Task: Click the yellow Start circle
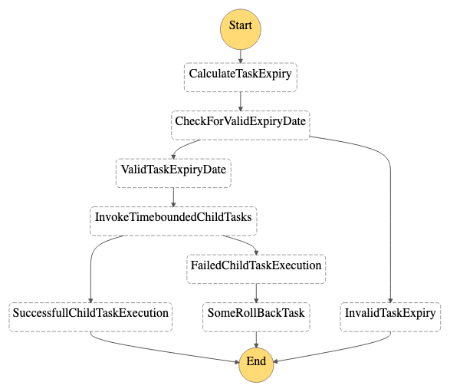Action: tap(241, 29)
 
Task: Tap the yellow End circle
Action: tap(256, 364)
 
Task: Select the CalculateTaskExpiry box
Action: tap(241, 77)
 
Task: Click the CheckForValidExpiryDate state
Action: tap(241, 125)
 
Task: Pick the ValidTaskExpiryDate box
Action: tap(173, 173)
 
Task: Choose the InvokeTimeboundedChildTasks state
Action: tap(173, 221)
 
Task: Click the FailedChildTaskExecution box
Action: tap(256, 269)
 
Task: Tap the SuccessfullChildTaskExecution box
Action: tap(90, 317)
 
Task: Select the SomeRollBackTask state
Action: tap(256, 317)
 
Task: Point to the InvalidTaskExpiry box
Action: tap(390, 317)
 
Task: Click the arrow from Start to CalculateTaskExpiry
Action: tap(241, 56)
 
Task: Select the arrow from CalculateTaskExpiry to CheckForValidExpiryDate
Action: tap(241, 101)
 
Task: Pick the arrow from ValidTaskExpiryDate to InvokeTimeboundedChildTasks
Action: tap(173, 197)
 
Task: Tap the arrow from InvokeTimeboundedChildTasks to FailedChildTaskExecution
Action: tap(244, 242)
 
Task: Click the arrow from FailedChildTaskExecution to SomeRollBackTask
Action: tap(256, 293)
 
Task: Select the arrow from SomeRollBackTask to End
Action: tap(256, 340)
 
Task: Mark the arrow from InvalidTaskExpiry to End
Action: tap(339, 350)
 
